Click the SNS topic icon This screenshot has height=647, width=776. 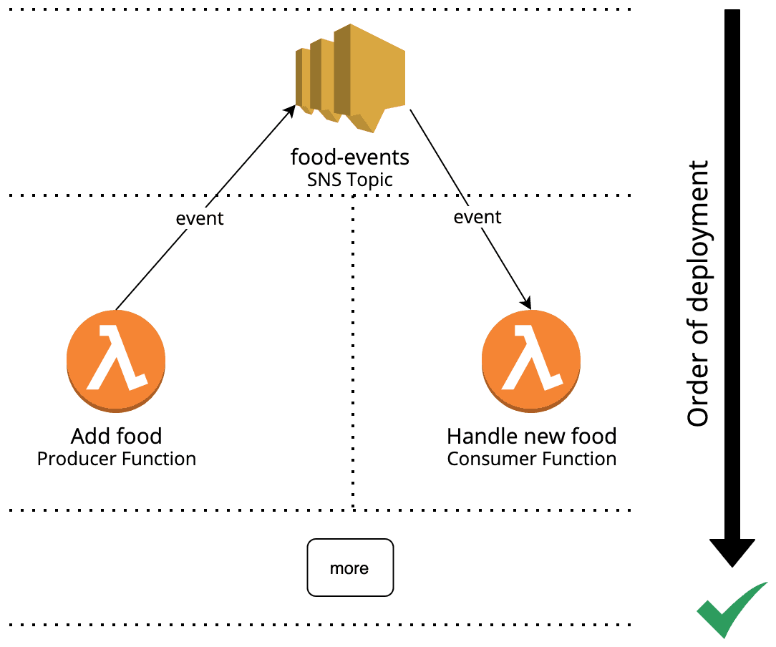(x=351, y=77)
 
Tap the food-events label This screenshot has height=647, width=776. (x=349, y=157)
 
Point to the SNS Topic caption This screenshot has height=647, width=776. (x=349, y=179)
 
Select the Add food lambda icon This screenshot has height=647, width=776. (x=116, y=360)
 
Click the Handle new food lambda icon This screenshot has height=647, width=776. (x=531, y=360)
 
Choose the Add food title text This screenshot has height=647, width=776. (x=116, y=436)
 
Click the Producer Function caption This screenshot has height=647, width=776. (x=116, y=459)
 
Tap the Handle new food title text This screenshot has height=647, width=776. (x=531, y=436)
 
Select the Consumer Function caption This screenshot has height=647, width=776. (x=531, y=459)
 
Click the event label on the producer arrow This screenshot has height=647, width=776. (x=200, y=218)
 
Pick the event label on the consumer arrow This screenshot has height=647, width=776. (x=477, y=217)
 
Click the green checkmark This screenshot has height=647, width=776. (x=729, y=610)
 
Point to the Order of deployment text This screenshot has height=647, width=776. (x=698, y=293)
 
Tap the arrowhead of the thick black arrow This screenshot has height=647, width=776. (x=732, y=551)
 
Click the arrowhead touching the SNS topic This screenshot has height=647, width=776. (x=290, y=110)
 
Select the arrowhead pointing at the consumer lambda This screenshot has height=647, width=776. (x=528, y=302)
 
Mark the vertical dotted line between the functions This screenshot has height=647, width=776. (x=354, y=358)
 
